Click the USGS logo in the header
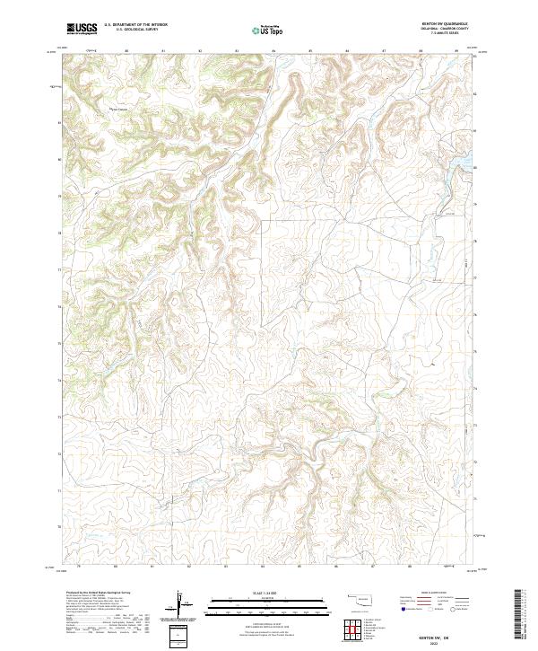pos(82,28)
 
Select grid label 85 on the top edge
pos(309,51)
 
